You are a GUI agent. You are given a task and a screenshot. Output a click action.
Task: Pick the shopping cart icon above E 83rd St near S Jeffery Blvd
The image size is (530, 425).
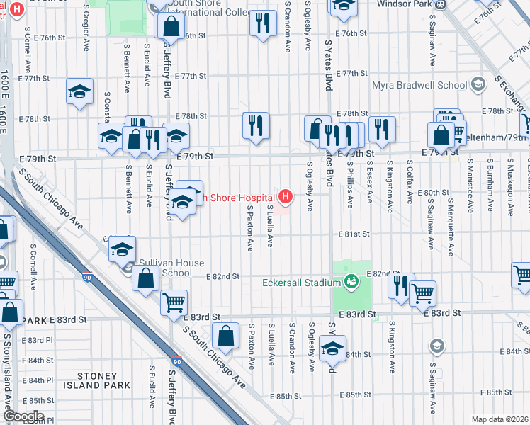coord(174,304)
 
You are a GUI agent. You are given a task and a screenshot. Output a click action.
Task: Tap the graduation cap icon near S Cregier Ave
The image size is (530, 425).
coord(80,92)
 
